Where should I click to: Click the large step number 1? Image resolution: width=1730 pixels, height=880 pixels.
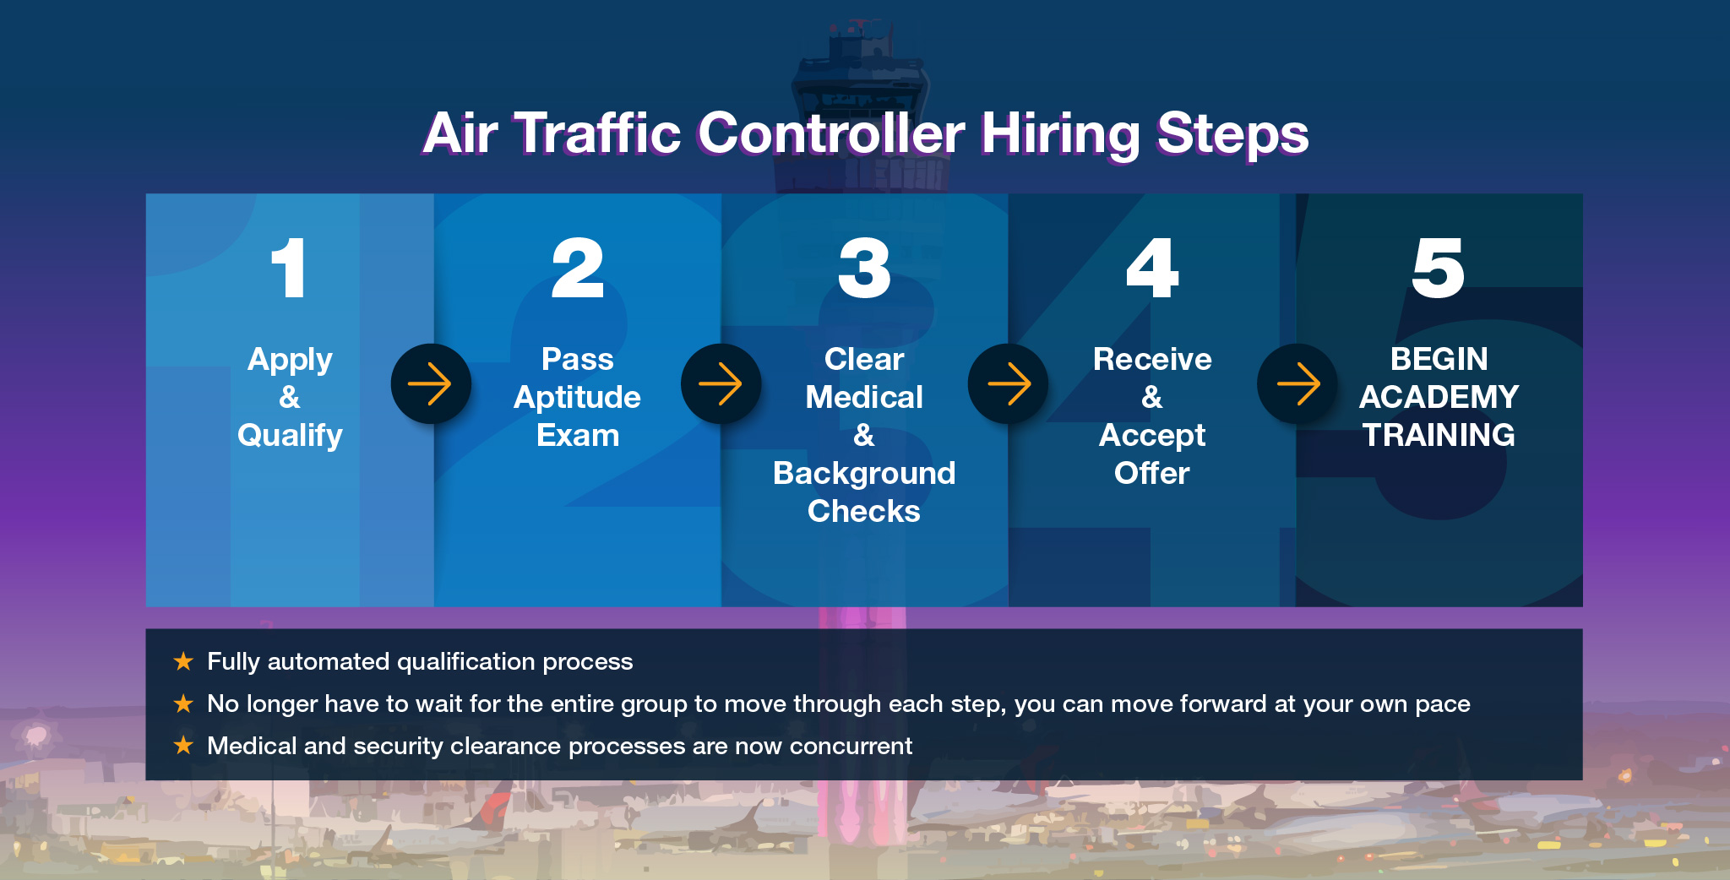coord(289,268)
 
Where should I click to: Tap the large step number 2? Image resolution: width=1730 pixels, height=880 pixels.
coord(578,268)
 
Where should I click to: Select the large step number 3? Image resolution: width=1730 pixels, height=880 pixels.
coord(864,268)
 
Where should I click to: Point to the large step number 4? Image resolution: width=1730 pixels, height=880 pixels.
coord(1152,268)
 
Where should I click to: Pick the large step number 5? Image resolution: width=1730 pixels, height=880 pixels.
coord(1439,268)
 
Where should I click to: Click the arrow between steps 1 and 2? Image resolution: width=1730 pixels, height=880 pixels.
coord(430,384)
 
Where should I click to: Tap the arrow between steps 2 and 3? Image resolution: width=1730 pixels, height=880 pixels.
coord(721,384)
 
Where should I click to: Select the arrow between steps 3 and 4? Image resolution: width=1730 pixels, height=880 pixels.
coord(1009,384)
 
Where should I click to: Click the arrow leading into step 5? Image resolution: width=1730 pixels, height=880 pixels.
coord(1297,384)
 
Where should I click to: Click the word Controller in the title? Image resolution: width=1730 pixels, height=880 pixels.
coord(831,133)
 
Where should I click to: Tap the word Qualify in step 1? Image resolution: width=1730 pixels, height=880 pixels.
coord(290,436)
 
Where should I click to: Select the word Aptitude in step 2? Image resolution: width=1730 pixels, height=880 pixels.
coord(578,398)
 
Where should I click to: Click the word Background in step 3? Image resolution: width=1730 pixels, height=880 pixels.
coord(864,473)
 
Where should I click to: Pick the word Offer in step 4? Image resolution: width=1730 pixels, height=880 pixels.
coord(1152,473)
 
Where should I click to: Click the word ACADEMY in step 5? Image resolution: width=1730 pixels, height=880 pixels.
coord(1439,397)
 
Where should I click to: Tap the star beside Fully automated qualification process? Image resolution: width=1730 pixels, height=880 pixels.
coord(183,661)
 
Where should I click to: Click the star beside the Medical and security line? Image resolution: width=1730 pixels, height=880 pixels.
coord(183,745)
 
